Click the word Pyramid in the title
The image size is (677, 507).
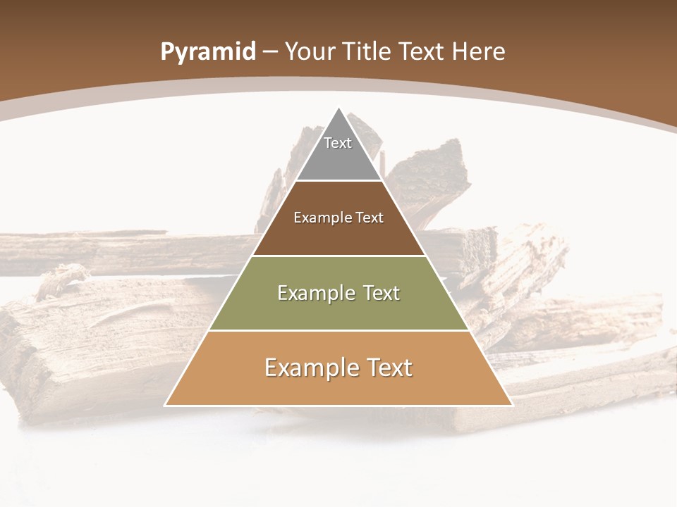pyautogui.click(x=208, y=52)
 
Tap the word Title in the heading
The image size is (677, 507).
pyautogui.click(x=370, y=51)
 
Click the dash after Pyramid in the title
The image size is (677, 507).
pyautogui.click(x=270, y=52)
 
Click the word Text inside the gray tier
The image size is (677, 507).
pyautogui.click(x=338, y=143)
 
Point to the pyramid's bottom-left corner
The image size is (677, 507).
pyautogui.click(x=166, y=405)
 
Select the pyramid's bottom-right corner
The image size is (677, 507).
pyautogui.click(x=511, y=405)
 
